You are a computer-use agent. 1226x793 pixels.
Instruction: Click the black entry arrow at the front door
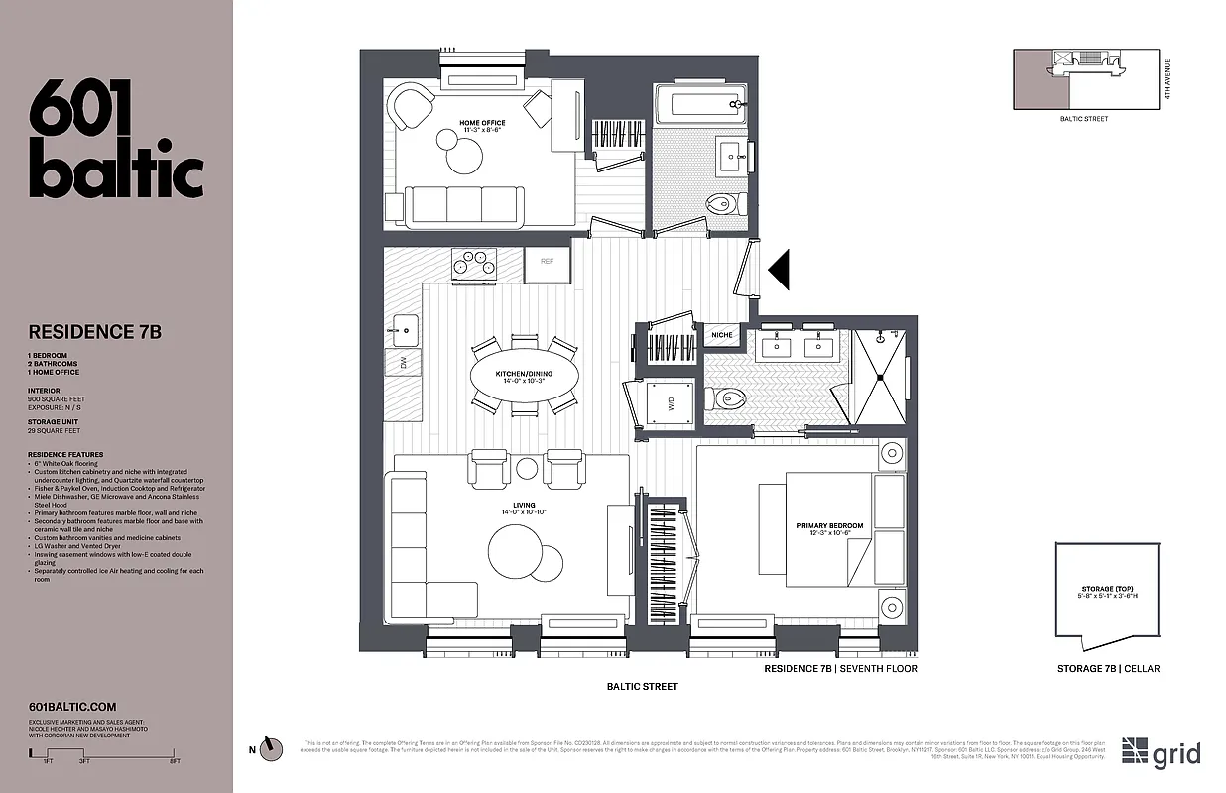point(780,269)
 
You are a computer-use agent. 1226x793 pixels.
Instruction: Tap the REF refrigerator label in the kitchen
point(547,262)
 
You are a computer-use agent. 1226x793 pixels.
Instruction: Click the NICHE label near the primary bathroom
point(722,335)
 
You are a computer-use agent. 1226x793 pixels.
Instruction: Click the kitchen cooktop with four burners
point(473,264)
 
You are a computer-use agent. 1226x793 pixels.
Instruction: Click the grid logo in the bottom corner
point(1162,753)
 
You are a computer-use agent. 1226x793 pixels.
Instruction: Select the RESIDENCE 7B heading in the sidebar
point(95,332)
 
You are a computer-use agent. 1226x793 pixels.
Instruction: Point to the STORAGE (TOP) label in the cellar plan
point(1108,592)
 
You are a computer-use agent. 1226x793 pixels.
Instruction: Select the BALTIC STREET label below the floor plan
point(642,686)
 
